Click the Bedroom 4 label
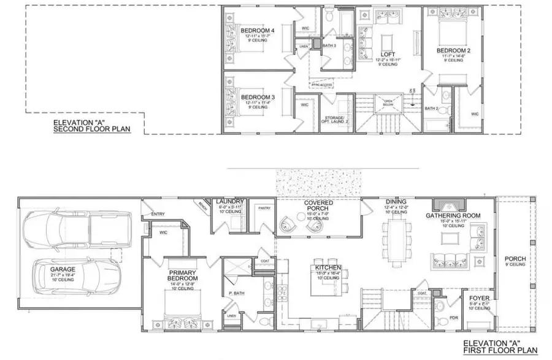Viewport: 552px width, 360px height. (x=258, y=31)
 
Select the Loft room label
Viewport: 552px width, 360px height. (x=387, y=53)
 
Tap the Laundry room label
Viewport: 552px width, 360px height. (x=231, y=201)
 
